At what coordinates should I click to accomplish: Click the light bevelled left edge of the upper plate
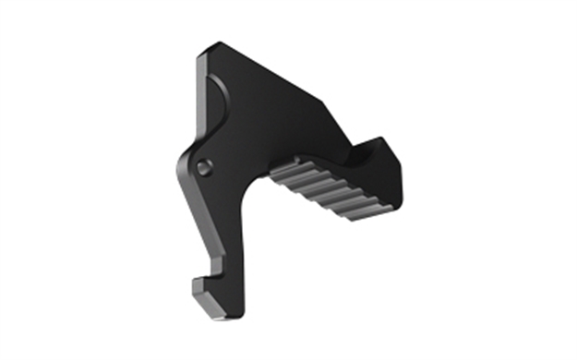point(198,102)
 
